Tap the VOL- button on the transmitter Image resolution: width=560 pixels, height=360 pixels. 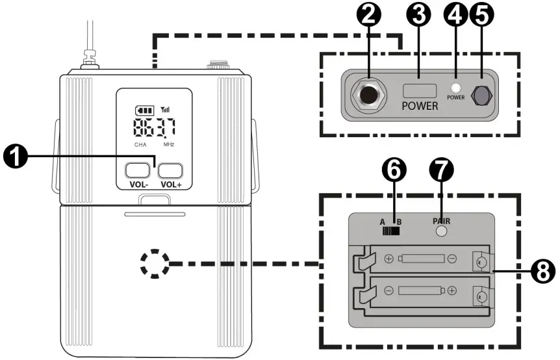click(137, 171)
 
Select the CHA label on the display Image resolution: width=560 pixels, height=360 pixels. click(140, 144)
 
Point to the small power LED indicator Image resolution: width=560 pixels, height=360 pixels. click(456, 89)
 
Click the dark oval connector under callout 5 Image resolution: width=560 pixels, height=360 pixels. click(481, 96)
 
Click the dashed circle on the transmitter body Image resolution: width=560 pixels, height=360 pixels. click(154, 264)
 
